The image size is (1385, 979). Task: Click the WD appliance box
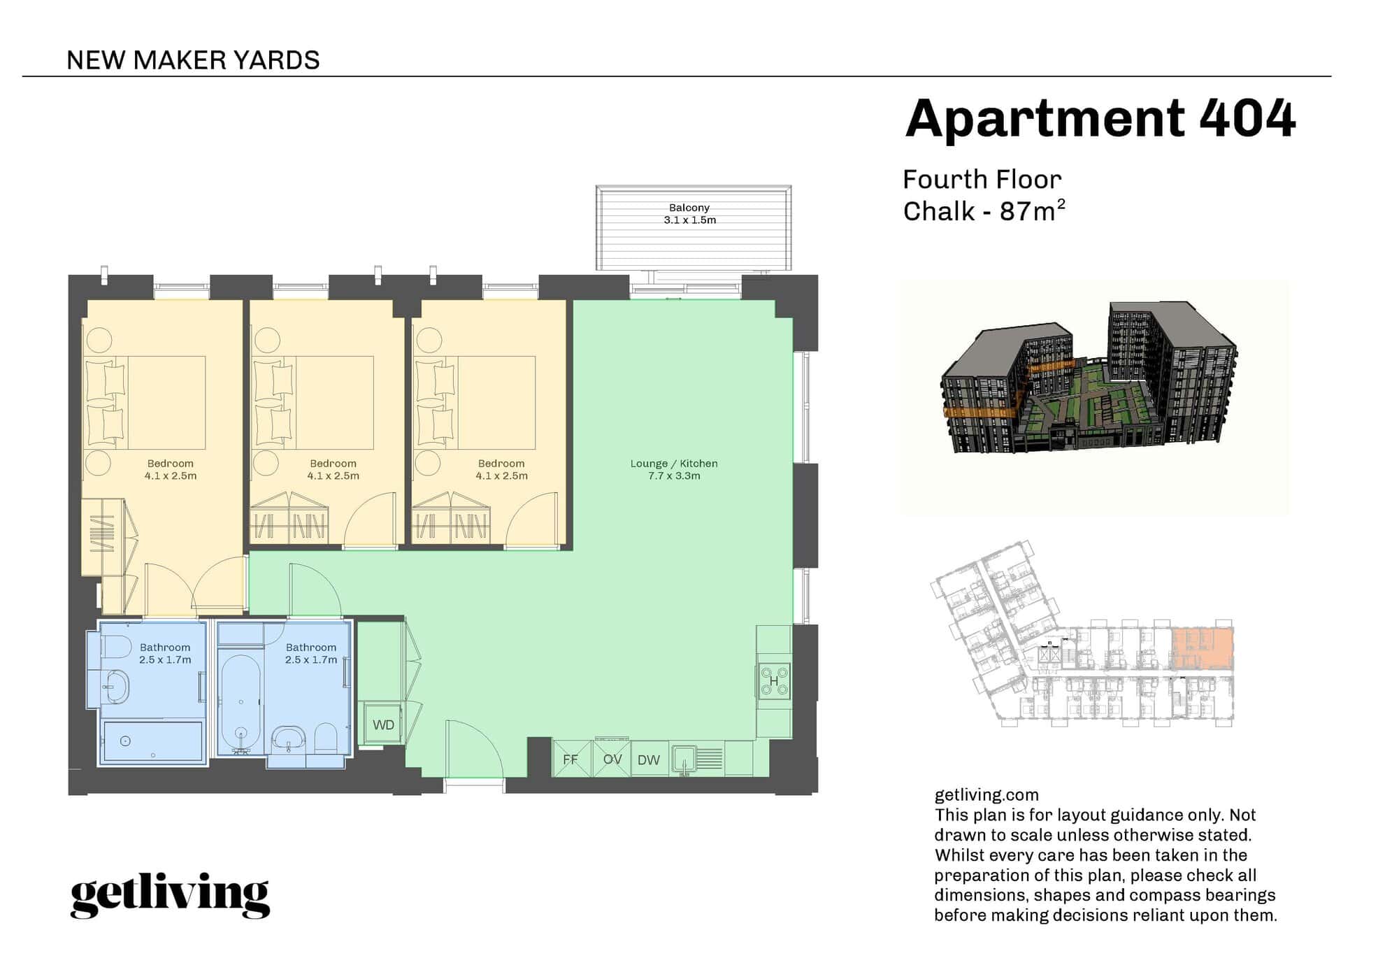(382, 724)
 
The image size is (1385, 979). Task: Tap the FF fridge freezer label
(570, 759)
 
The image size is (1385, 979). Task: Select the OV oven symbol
(612, 759)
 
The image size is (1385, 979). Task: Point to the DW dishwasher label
(649, 760)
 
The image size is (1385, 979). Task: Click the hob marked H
(774, 680)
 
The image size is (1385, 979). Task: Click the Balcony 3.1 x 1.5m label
(690, 214)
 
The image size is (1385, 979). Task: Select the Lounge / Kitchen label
(674, 463)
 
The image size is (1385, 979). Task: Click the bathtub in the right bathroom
(241, 702)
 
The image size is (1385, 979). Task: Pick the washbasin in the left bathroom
(115, 687)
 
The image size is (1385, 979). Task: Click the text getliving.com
(986, 795)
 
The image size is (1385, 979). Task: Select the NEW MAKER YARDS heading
(193, 60)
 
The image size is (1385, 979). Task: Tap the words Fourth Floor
(982, 180)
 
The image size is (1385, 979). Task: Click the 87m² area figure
(1032, 210)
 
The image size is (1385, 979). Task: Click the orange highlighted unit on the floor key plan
(1202, 648)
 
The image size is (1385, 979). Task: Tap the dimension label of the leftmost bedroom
(171, 476)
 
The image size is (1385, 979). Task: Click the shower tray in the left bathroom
(153, 741)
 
